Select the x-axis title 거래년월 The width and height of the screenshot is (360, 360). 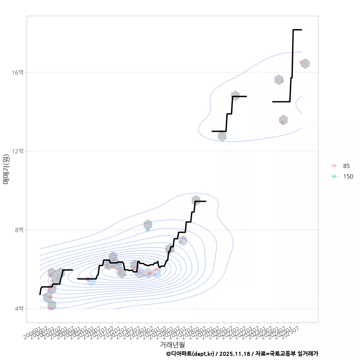(172, 344)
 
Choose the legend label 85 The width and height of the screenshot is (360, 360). (346, 166)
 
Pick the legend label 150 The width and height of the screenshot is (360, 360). (348, 177)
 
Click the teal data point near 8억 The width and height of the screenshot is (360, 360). (148, 229)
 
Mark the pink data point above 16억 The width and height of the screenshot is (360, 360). (301, 62)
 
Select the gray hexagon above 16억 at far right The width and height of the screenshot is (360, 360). (305, 64)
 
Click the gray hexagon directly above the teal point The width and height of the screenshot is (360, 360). (148, 224)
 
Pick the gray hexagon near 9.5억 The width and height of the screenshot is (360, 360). (196, 200)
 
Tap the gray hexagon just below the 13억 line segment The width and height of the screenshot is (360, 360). (222, 136)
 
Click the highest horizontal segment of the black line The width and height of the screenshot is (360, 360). (297, 29)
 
